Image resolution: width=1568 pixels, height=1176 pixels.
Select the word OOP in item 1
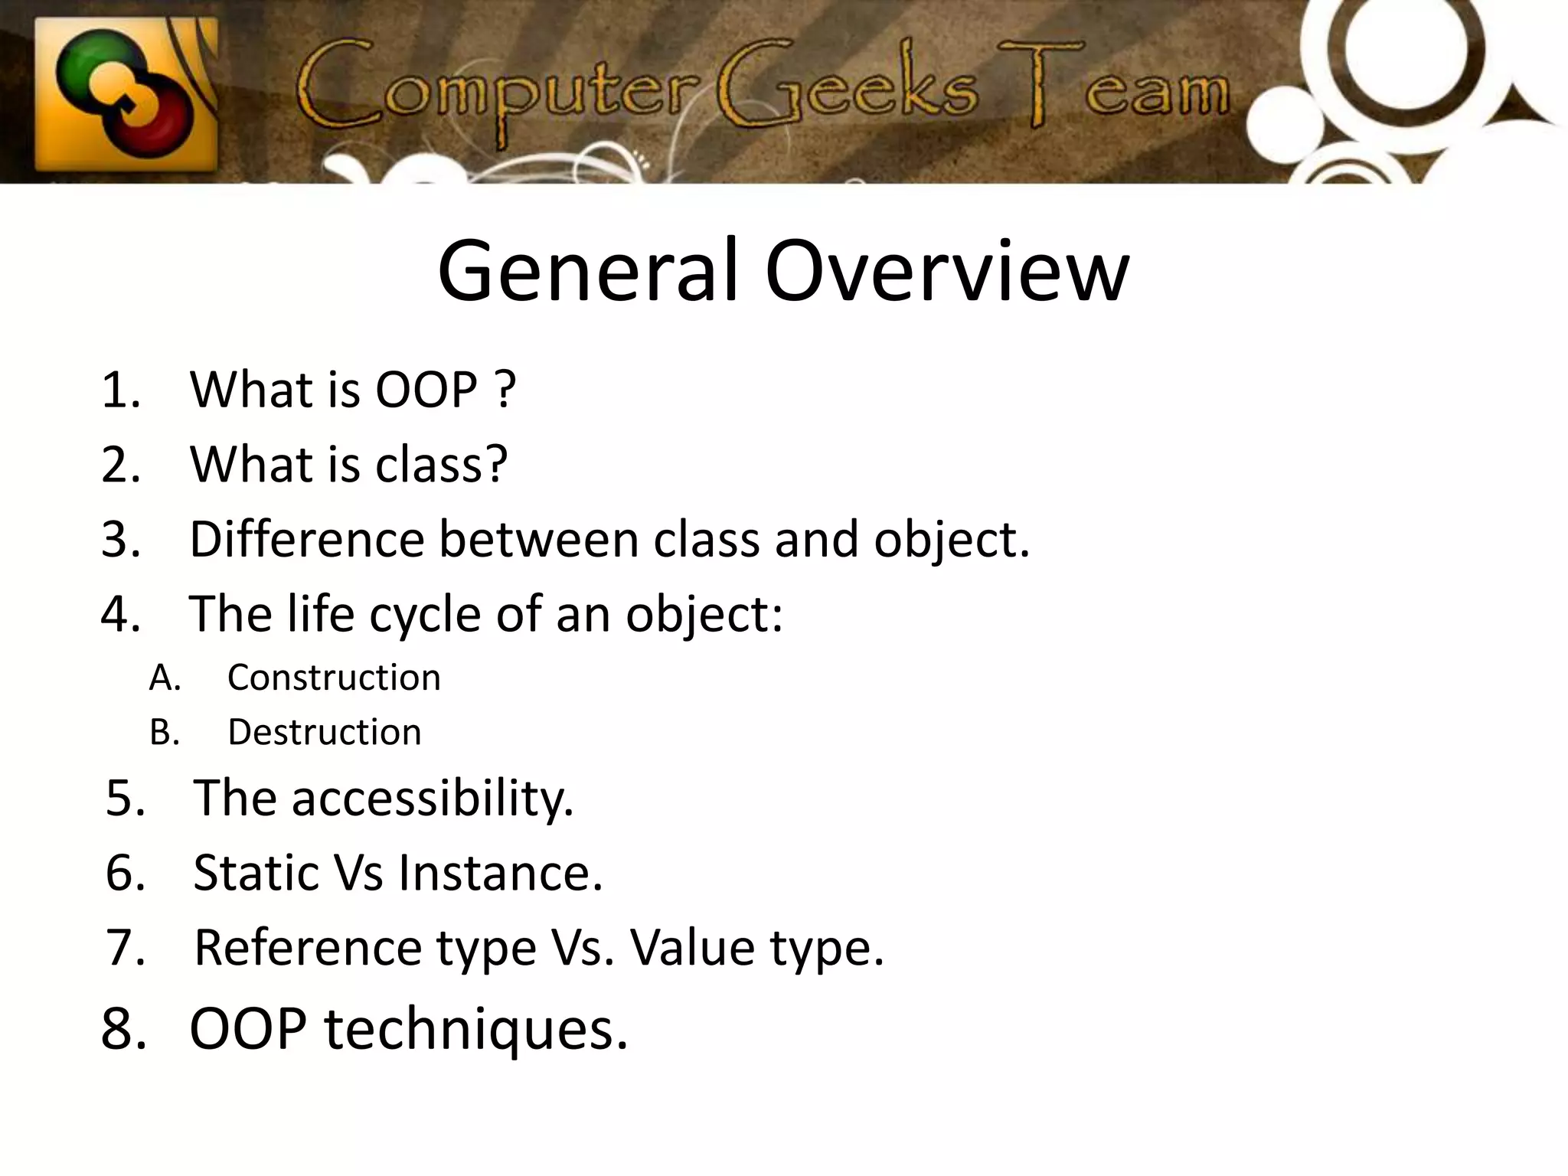[x=426, y=390]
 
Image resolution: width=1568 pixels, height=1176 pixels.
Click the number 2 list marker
[x=120, y=465]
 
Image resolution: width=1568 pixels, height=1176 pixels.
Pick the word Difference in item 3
[x=306, y=539]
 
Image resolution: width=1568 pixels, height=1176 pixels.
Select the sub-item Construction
[x=334, y=678]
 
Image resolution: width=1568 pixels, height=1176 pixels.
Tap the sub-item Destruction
[x=324, y=732]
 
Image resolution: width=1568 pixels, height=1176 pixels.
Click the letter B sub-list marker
[x=164, y=733]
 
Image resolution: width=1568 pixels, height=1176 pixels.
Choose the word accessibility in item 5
[x=433, y=799]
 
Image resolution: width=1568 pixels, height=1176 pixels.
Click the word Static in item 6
[x=256, y=873]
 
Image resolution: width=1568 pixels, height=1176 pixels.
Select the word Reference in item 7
[x=307, y=948]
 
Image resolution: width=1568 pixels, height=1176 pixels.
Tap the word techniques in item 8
[x=475, y=1030]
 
